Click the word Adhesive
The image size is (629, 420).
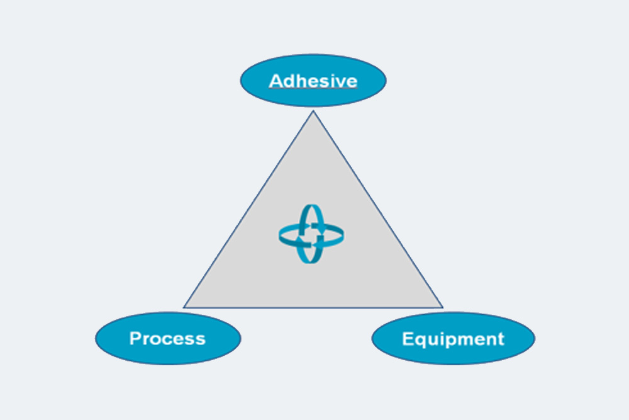coord(313,81)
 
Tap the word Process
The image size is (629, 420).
coord(167,339)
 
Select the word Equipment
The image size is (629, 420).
coord(453,339)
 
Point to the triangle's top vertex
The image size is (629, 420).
coord(313,111)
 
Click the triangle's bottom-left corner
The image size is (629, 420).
coord(184,307)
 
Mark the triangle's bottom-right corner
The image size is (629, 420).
coord(443,307)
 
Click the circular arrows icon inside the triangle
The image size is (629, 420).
coord(311,234)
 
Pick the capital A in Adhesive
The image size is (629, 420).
coord(276,81)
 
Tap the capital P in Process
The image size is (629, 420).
coord(136,339)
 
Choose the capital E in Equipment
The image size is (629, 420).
coord(408,339)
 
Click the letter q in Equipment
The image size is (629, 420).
coord(421,341)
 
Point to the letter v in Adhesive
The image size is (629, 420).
coord(338,82)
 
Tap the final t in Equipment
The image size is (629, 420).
coord(501,339)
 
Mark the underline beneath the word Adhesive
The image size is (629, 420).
coord(313,89)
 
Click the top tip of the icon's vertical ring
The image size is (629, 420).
coord(312,205)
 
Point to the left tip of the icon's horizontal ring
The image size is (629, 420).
coord(280,236)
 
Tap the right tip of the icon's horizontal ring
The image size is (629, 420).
coord(343,236)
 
